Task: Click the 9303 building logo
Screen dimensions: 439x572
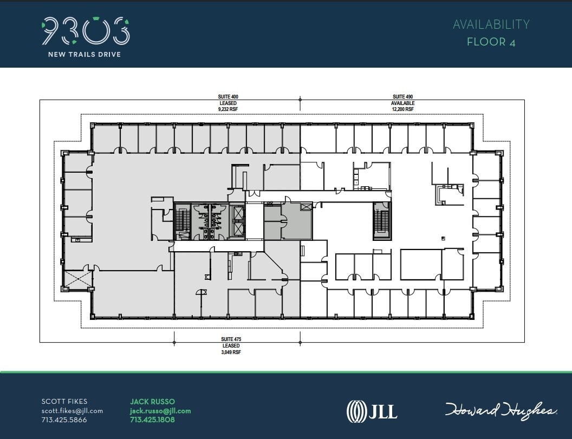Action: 86,31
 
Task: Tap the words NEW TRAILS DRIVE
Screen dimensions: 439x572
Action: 84,54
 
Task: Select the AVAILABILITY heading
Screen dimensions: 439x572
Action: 491,24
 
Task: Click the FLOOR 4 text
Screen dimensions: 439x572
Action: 491,42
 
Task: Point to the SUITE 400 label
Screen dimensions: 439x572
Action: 228,97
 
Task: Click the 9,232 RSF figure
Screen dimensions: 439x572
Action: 228,109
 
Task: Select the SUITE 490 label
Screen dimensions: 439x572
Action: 403,97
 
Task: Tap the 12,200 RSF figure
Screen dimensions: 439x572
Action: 403,109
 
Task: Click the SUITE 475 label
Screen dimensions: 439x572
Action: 231,339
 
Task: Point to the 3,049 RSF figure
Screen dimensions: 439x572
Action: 231,351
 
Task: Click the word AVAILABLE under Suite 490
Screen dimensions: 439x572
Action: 403,103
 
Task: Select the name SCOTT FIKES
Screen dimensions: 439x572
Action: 64,402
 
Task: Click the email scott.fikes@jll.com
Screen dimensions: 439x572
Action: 72,411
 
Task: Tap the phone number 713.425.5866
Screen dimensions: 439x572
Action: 64,420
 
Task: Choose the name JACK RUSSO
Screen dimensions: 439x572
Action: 152,402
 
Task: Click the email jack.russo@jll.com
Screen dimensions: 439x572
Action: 160,411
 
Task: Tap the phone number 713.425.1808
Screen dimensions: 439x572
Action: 153,420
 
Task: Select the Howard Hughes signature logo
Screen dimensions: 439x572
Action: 502,410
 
